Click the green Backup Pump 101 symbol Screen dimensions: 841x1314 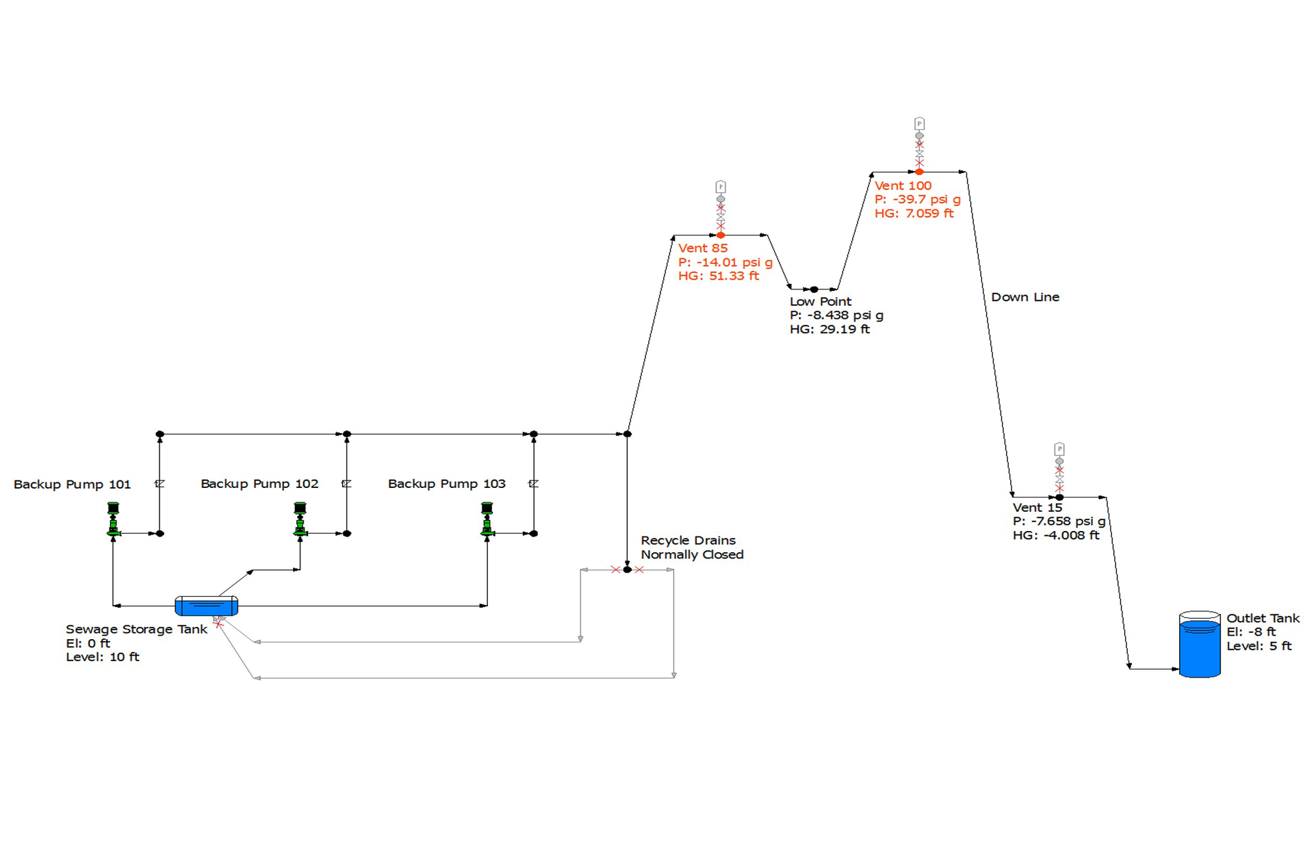(114, 519)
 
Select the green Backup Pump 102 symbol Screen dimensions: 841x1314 (300, 519)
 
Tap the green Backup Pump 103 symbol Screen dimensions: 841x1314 (487, 519)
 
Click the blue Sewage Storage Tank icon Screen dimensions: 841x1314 (206, 606)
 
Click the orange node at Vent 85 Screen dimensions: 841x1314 (721, 235)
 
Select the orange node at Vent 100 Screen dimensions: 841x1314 (919, 172)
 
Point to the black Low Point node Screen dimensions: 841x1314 (814, 289)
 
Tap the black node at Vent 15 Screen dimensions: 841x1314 (1059, 497)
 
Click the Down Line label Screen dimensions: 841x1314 (1025, 297)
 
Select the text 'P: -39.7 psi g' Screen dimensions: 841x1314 (917, 199)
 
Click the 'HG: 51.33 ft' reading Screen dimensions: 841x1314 (718, 276)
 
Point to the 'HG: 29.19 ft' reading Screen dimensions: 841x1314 (829, 329)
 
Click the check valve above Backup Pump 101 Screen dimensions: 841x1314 (159, 484)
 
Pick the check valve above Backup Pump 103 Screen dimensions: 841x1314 (533, 484)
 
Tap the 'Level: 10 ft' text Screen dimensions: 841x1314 (102, 657)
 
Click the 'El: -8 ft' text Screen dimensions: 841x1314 (1250, 632)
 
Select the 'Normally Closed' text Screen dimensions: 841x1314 (691, 555)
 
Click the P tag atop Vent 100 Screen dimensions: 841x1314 (919, 124)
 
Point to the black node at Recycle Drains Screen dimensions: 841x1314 (627, 569)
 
